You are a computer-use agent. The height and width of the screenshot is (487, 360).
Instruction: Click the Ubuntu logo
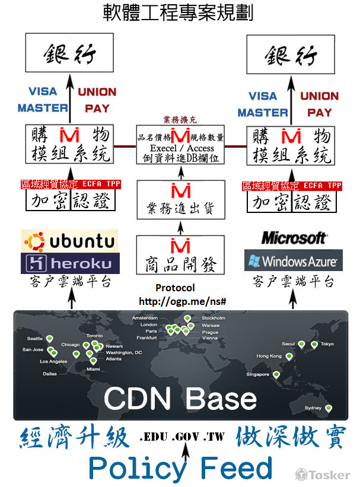click(x=69, y=241)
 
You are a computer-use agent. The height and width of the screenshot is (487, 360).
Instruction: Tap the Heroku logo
click(x=69, y=263)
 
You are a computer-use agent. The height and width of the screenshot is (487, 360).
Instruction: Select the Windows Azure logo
click(x=292, y=260)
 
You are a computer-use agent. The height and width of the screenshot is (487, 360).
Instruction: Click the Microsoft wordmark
click(x=294, y=238)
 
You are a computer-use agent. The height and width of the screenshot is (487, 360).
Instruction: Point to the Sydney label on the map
click(x=313, y=408)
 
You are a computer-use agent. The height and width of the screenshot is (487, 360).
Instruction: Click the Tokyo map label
click(x=327, y=344)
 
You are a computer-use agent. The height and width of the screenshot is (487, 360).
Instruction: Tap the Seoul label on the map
click(x=289, y=344)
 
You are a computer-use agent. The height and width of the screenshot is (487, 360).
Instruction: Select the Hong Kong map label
click(x=269, y=356)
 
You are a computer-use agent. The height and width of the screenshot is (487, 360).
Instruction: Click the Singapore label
click(x=259, y=374)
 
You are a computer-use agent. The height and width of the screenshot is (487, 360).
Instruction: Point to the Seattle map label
click(x=35, y=339)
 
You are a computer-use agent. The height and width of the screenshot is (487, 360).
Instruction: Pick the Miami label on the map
click(x=94, y=369)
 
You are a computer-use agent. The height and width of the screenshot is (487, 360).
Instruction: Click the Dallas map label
click(x=50, y=374)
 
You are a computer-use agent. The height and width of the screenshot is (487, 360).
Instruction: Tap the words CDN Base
click(x=180, y=398)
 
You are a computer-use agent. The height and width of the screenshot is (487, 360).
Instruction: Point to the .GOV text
click(x=183, y=437)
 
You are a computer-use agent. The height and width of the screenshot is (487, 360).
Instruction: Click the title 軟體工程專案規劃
click(x=178, y=13)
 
